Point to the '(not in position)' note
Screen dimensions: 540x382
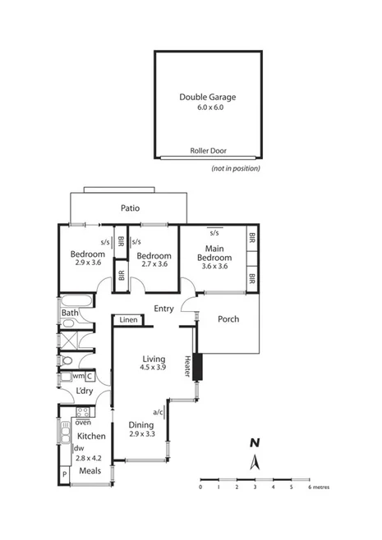[x=235, y=168]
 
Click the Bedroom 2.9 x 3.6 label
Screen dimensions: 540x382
[x=86, y=258]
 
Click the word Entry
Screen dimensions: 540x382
[x=163, y=309]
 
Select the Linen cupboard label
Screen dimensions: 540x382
[x=128, y=320]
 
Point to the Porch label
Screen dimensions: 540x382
[x=228, y=318]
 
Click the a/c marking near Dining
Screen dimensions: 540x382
[x=158, y=411]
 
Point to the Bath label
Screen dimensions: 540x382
[x=69, y=313]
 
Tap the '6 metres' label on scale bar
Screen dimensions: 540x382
[x=320, y=487]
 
